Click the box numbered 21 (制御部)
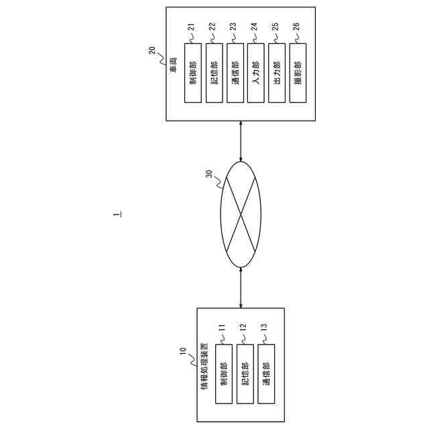pyautogui.click(x=192, y=73)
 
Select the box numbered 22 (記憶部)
pyautogui.click(x=214, y=73)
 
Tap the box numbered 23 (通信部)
pyautogui.click(x=235, y=73)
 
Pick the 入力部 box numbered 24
pyautogui.click(x=255, y=73)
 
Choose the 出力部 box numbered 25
pyautogui.click(x=277, y=73)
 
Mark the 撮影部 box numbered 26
pyautogui.click(x=298, y=73)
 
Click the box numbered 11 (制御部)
pyautogui.click(x=224, y=375)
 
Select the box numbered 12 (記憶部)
pyautogui.click(x=245, y=375)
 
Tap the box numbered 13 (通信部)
pyautogui.click(x=266, y=375)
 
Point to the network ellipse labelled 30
pyautogui.click(x=241, y=215)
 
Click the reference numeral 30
pyautogui.click(x=208, y=174)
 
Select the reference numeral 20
pyautogui.click(x=152, y=50)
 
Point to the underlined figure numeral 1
pyautogui.click(x=117, y=214)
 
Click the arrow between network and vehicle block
pyautogui.click(x=241, y=141)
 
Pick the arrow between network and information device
pyautogui.click(x=241, y=288)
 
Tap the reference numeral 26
pyautogui.click(x=296, y=27)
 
